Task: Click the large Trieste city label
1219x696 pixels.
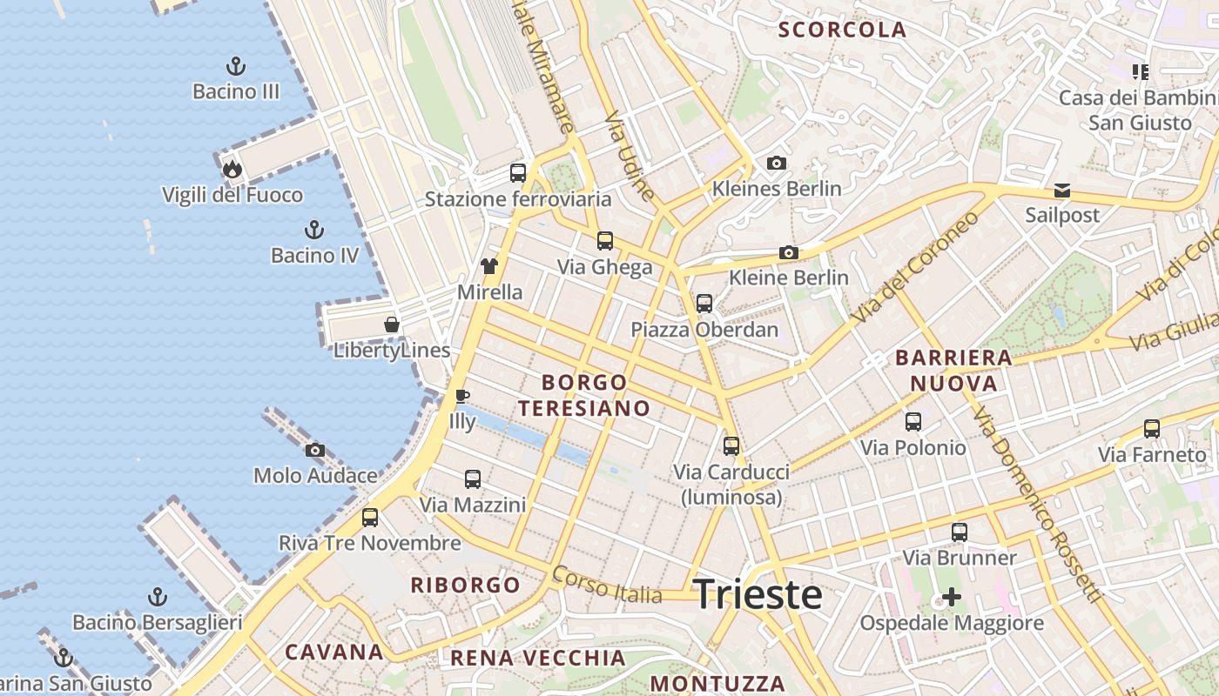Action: [x=758, y=595]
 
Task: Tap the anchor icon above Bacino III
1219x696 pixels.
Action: [x=235, y=66]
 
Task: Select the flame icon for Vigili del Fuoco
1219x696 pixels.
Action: [x=232, y=169]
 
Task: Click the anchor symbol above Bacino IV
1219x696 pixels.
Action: [x=314, y=230]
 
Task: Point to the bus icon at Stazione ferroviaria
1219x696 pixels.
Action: [x=518, y=172]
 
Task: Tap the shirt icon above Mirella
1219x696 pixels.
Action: [x=489, y=266]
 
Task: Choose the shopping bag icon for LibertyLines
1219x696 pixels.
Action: [x=392, y=325]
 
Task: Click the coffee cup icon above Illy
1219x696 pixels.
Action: [x=462, y=397]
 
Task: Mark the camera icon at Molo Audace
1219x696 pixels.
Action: [x=315, y=450]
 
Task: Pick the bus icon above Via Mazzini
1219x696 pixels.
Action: [x=473, y=478]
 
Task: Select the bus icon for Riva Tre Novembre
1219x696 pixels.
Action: [x=370, y=518]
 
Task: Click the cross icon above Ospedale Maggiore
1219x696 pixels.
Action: [x=952, y=597]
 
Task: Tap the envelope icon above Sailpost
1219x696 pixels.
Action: [x=1062, y=190]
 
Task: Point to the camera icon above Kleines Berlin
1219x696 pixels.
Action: [x=777, y=163]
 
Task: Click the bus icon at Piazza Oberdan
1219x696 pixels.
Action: [x=704, y=304]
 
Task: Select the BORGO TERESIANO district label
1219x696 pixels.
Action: [x=584, y=395]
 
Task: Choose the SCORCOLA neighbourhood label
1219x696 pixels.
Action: [x=842, y=30]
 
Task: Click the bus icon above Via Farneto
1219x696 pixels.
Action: [x=1152, y=428]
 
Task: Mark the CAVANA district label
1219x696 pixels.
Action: [x=334, y=652]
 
